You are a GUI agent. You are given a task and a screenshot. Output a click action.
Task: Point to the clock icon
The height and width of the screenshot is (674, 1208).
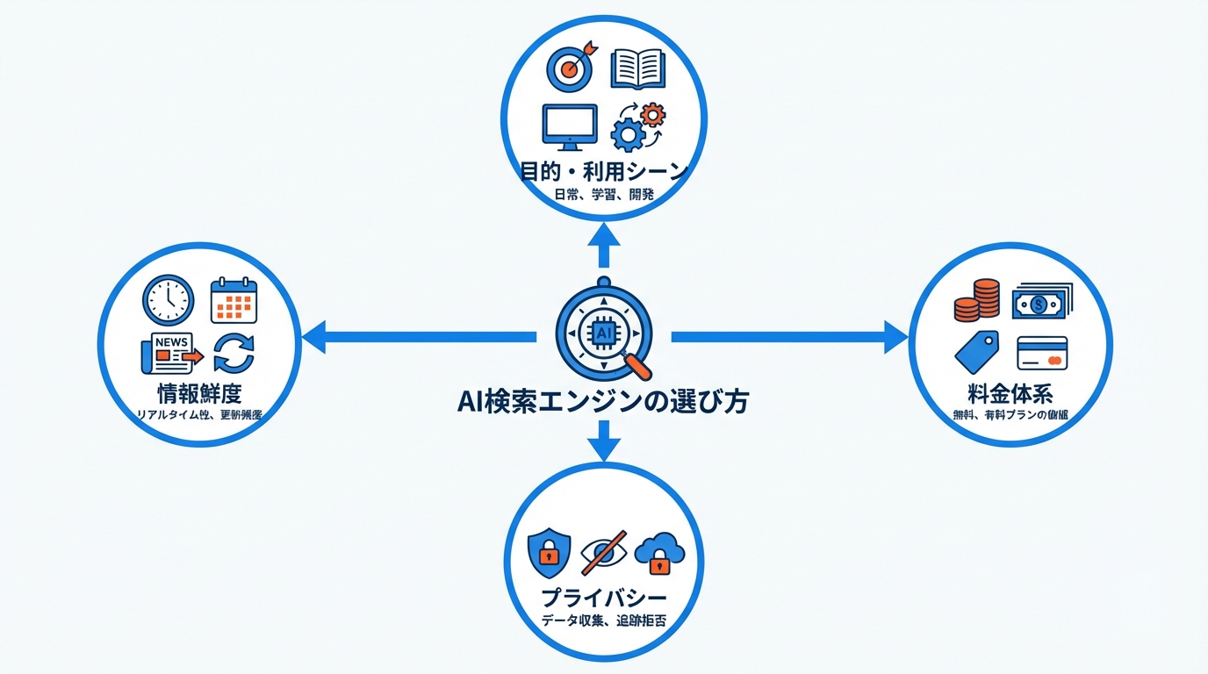(168, 300)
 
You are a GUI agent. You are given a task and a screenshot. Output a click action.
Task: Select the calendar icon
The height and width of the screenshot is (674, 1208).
(234, 300)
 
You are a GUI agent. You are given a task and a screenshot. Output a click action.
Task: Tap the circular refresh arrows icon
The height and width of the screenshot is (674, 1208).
(234, 353)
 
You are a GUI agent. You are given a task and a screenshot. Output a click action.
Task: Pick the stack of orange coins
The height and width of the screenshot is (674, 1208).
(976, 300)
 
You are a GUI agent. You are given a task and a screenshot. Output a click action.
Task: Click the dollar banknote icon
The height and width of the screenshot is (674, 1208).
(1042, 301)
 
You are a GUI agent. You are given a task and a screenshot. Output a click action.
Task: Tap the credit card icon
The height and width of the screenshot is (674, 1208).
(1042, 353)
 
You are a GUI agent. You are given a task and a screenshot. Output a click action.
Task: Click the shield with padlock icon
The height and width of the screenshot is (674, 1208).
(549, 552)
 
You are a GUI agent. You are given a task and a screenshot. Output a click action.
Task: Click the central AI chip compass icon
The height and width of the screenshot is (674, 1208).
(604, 333)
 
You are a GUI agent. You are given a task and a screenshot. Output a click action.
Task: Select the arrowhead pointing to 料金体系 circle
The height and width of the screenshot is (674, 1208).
(895, 337)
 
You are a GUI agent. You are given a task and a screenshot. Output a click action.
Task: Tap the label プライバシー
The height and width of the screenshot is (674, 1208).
(603, 599)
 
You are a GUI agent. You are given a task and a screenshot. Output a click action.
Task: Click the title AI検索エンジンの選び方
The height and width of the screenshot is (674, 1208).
(603, 402)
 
